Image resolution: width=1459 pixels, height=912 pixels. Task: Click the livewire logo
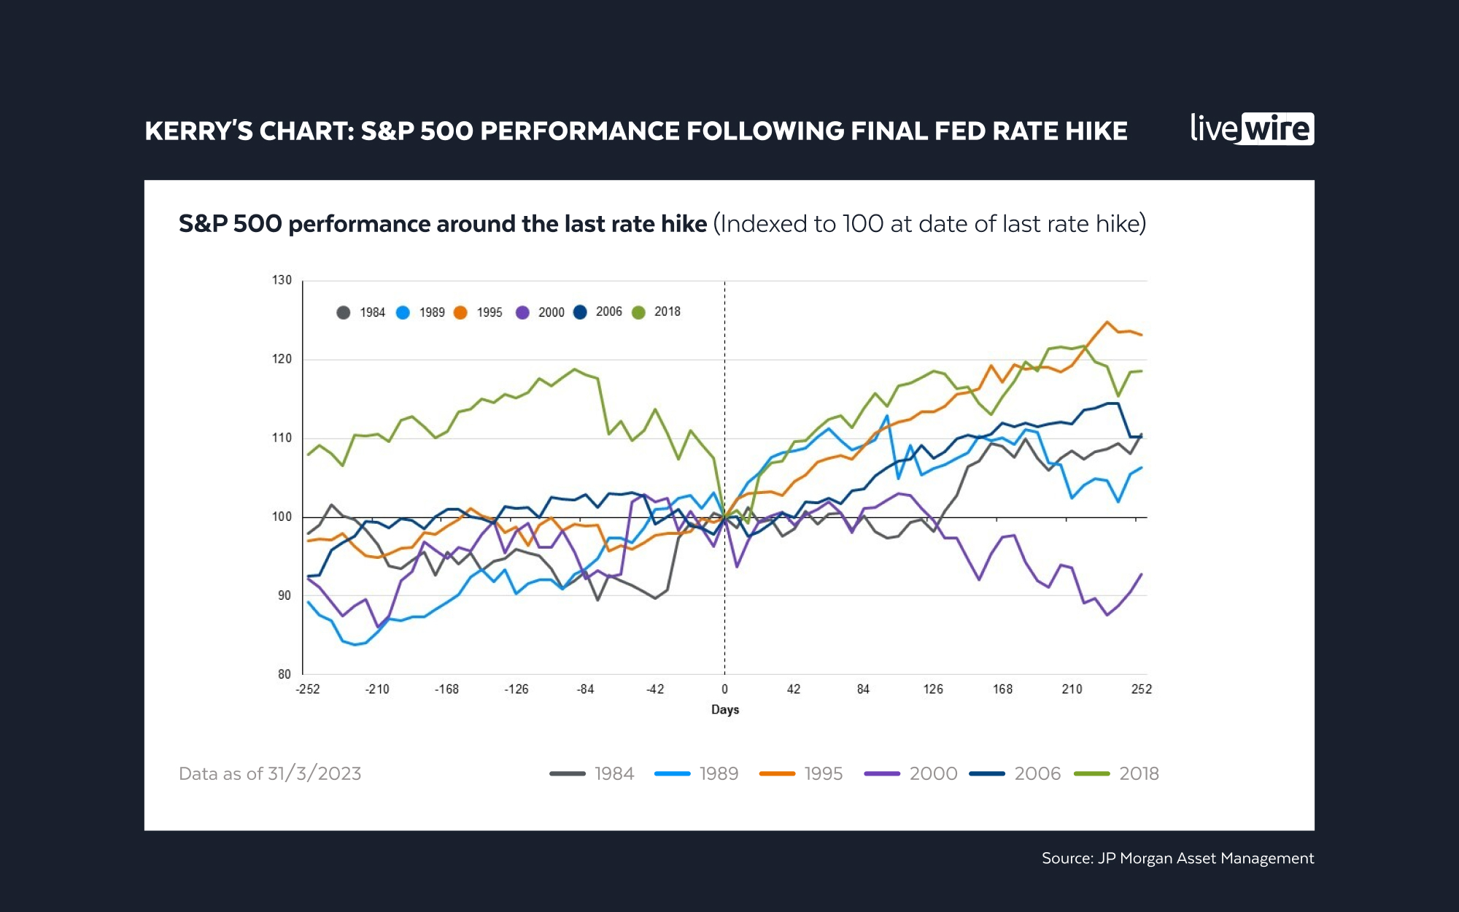pos(1252,129)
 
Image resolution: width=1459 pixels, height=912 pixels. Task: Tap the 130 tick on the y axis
pos(282,280)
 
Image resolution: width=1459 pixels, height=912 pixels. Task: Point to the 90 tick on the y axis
pos(284,595)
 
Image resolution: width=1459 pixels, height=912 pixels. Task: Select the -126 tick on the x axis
pos(516,689)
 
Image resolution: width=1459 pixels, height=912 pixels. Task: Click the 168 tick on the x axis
pos(1002,689)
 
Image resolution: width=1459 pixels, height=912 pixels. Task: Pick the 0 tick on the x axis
pos(724,689)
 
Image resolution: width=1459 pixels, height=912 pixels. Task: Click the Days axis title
pos(725,709)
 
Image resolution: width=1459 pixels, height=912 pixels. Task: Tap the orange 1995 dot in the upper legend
pos(460,312)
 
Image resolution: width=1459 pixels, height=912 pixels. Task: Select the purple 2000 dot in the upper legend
pos(522,312)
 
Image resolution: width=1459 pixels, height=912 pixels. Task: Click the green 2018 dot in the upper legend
pos(639,312)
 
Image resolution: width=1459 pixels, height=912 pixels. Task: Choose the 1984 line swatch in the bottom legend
pos(568,773)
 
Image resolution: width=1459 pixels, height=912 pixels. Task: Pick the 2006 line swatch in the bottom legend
pos(987,773)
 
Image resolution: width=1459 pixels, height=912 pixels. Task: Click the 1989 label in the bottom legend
pos(719,773)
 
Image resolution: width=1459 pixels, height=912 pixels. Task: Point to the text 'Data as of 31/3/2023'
pos(270,773)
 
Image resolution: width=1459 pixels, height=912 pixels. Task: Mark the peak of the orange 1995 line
pos(1107,322)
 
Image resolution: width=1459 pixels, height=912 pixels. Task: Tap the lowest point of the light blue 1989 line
pos(355,644)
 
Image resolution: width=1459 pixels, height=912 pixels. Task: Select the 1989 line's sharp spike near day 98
pos(887,416)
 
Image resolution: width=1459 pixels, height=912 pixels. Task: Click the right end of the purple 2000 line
pos(1141,574)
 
